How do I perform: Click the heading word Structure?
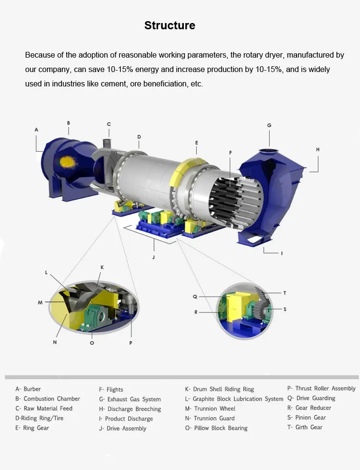click(169, 25)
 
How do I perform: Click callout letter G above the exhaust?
click(269, 125)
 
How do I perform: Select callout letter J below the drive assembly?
click(154, 257)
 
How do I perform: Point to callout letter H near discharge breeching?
click(318, 149)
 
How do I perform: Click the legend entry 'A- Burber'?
click(28, 389)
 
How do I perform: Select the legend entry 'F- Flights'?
click(111, 390)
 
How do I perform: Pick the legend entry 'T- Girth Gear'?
click(304, 427)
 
